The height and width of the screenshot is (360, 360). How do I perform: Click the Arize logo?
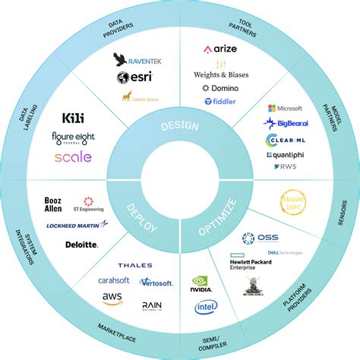(219, 50)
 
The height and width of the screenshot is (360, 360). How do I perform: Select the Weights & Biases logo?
(221, 74)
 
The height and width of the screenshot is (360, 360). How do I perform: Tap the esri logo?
(131, 77)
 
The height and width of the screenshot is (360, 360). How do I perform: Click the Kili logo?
(74, 118)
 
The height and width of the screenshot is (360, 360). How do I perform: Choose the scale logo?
(73, 157)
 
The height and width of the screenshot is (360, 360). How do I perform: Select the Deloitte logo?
(82, 245)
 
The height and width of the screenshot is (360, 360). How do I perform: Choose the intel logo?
(206, 307)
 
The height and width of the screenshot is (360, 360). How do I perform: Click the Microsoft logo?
(286, 108)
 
